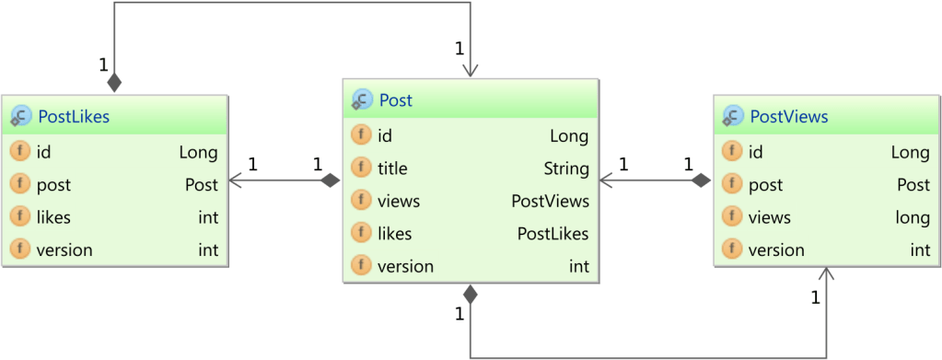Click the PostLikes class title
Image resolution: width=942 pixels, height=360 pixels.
[x=74, y=116]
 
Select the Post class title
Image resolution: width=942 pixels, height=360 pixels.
[x=396, y=100]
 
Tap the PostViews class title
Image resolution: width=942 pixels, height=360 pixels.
[x=788, y=116]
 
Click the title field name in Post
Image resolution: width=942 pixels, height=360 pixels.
[x=392, y=168]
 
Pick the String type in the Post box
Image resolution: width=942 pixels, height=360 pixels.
[x=565, y=168]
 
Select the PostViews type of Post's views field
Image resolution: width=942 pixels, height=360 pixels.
[x=550, y=201]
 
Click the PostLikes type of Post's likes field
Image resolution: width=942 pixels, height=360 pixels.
[x=552, y=234]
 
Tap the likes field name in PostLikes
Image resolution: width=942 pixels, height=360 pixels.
[x=53, y=217]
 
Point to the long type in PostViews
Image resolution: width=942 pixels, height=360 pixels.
[x=910, y=217]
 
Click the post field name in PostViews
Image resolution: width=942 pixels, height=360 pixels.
[x=765, y=185]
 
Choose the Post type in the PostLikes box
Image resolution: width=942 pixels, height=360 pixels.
[x=201, y=185]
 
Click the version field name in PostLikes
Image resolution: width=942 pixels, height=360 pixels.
[x=64, y=250]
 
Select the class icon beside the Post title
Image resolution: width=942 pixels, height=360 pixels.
[x=362, y=100]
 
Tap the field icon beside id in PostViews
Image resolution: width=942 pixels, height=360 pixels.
[x=733, y=152]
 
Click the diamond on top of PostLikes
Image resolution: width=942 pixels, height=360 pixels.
[x=114, y=83]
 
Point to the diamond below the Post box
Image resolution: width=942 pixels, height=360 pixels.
[x=471, y=296]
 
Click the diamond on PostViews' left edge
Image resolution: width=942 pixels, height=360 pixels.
[x=702, y=180]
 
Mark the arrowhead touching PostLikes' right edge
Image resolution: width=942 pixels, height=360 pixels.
[x=236, y=180]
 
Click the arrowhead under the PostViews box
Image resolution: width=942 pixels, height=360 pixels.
[x=826, y=273]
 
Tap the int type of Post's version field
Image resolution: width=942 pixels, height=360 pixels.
[x=578, y=267]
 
